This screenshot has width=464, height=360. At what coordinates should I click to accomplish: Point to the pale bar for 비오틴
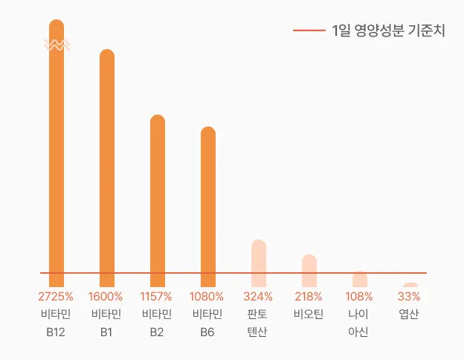[x=309, y=270]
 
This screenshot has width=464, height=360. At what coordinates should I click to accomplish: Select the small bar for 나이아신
[x=360, y=279]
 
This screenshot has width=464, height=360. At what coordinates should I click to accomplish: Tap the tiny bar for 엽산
[x=410, y=285]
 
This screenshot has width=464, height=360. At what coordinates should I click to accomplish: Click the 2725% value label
[x=56, y=296]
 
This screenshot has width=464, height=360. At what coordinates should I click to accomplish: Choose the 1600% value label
[x=106, y=296]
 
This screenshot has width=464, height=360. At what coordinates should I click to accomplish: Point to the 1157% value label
[x=157, y=296]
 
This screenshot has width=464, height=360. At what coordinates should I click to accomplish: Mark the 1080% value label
[x=207, y=296]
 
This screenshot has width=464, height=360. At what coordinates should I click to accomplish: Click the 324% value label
[x=258, y=296]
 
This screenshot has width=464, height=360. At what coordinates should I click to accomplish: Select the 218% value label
[x=309, y=296]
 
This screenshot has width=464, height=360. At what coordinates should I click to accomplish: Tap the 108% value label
[x=359, y=296]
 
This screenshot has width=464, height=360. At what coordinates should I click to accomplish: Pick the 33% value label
[x=410, y=296]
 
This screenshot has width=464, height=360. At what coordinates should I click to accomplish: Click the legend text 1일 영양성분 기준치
[x=388, y=30]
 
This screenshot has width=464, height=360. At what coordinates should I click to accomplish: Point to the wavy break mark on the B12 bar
[x=57, y=45]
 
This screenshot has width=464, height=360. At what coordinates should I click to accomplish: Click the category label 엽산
[x=410, y=314]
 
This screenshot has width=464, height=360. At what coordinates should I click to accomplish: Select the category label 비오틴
[x=309, y=314]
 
